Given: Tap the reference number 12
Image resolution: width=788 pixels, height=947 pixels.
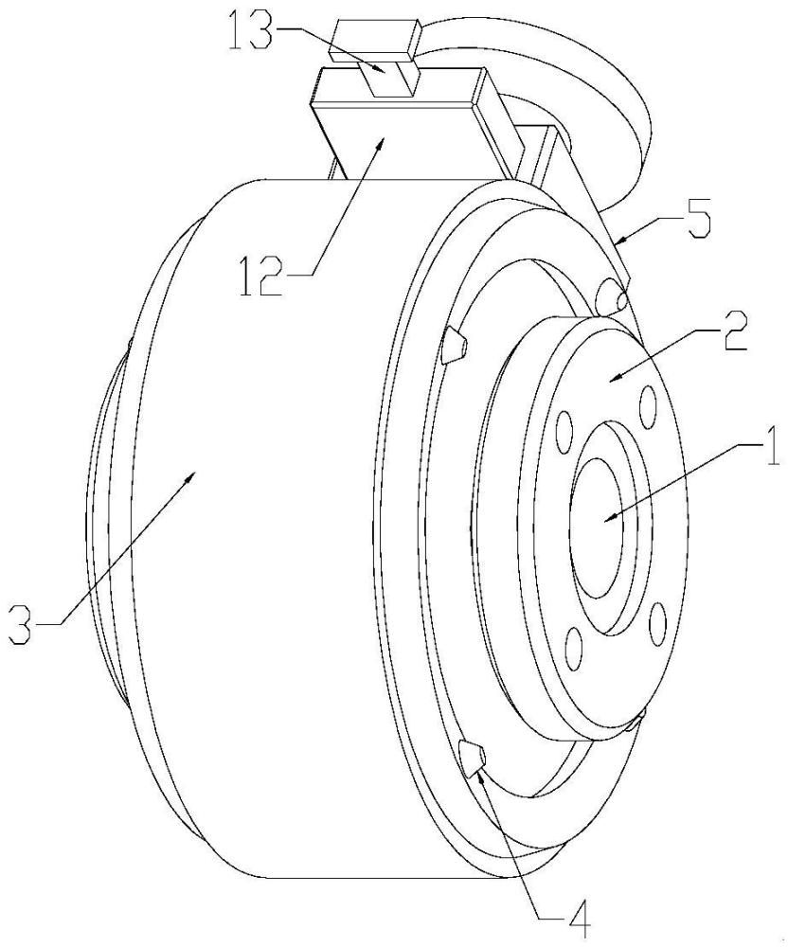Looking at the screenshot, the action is [x=262, y=276].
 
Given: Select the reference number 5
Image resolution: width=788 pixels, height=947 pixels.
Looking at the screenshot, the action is [x=698, y=223].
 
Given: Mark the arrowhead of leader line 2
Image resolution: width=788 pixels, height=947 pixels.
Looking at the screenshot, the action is [x=613, y=378].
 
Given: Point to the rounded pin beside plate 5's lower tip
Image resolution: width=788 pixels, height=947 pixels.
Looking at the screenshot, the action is [x=611, y=296].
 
